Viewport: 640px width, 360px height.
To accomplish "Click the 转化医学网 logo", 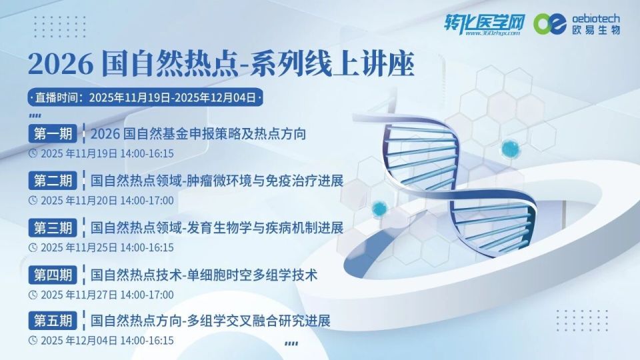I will pos(485,24).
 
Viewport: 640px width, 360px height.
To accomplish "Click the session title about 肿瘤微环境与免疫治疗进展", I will pos(217,181).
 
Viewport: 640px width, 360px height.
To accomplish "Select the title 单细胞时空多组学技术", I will pos(203,274).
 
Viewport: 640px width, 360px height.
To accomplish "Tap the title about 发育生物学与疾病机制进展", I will pos(217,227).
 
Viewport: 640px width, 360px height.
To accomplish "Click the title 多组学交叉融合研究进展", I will pos(210,321).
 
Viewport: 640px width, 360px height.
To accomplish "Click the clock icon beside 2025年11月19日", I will pos(33,153).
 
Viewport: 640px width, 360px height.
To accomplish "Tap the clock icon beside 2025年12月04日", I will pos(33,340).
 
